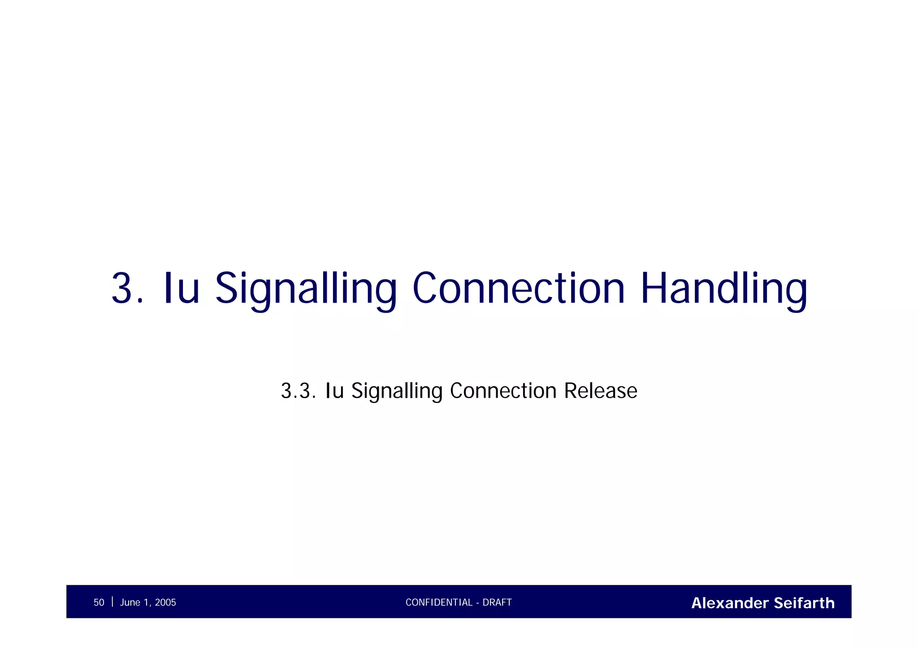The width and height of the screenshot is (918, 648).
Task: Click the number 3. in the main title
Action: point(127,288)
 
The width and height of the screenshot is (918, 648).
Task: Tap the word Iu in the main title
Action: point(181,288)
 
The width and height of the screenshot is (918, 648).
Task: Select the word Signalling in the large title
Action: point(306,288)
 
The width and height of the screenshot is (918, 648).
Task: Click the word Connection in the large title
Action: point(518,288)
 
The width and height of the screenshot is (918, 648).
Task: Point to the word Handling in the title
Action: point(724,288)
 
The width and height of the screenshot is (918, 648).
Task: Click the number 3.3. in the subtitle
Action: point(298,391)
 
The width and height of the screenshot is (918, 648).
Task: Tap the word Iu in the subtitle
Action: point(334,391)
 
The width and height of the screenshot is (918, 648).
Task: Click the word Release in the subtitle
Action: point(600,391)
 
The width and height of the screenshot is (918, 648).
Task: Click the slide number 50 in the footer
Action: point(99,602)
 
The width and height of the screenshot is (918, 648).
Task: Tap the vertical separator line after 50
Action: point(112,601)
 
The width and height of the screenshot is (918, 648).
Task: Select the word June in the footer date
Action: point(130,602)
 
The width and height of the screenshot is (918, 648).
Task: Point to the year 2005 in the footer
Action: point(165,602)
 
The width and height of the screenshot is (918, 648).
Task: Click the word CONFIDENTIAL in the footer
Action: point(439,602)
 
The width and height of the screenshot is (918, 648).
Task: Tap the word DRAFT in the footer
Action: point(497,602)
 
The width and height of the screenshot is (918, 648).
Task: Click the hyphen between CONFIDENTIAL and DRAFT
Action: point(478,603)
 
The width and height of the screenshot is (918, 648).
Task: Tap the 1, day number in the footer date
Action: point(148,602)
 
